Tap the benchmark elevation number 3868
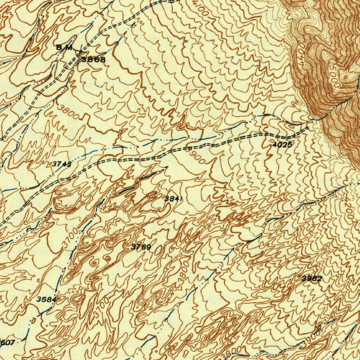94,60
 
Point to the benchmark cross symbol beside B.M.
80,51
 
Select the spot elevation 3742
62,164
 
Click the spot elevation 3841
174,199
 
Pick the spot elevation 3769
141,247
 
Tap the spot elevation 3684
46,300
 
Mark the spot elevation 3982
312,279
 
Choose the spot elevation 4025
282,144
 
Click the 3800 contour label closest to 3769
184,270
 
